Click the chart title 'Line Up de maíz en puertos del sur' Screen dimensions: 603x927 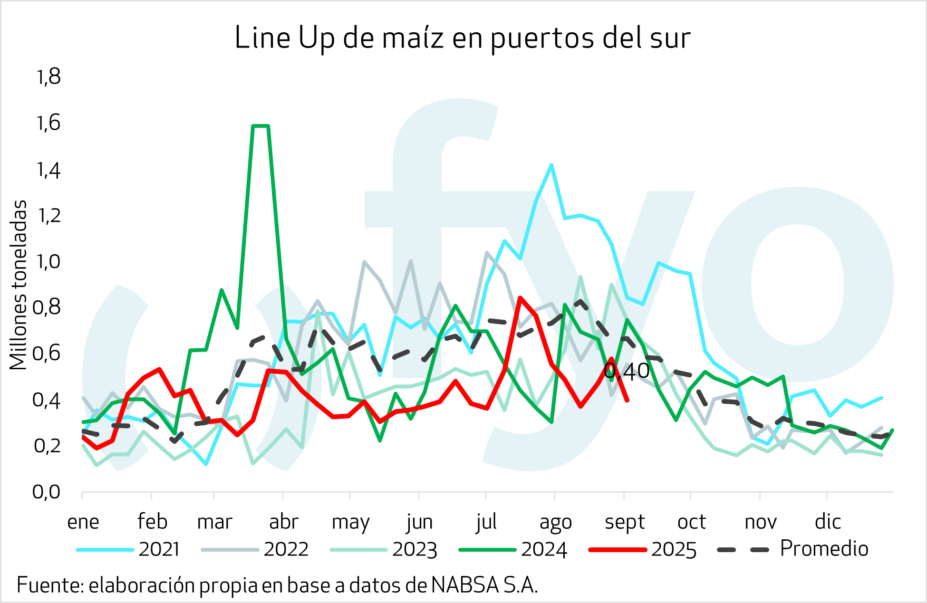point(462,38)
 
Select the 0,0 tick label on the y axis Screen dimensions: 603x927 point(47,492)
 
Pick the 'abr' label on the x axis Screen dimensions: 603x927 point(283,522)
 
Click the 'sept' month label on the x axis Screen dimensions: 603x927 point(624,522)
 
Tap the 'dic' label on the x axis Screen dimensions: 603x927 point(828,522)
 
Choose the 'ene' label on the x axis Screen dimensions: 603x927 point(83,522)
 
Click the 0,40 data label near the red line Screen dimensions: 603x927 point(627,372)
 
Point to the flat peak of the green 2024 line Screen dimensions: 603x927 point(261,126)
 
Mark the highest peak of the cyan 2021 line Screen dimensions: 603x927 point(551,165)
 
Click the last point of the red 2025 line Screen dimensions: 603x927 point(628,401)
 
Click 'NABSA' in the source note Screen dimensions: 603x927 point(465,585)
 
